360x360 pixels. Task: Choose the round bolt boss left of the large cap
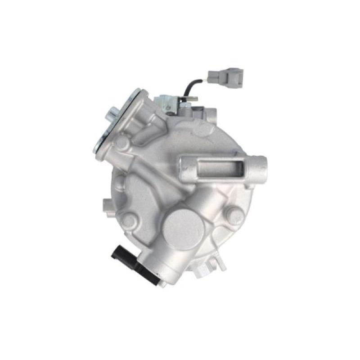coord(129,219)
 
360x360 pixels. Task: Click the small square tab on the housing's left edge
coord(106,205)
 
